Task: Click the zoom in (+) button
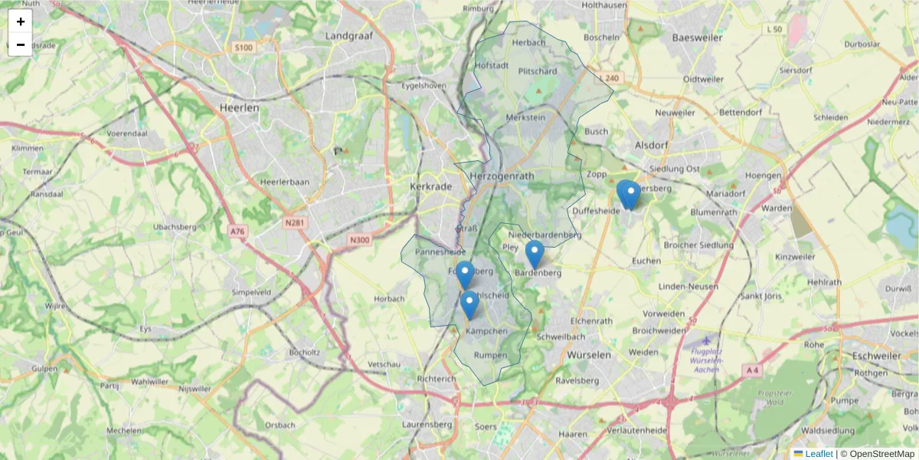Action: [21, 21]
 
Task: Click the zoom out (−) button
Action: [21, 44]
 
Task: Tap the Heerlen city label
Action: [239, 108]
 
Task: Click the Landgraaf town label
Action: [348, 35]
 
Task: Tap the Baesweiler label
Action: [697, 37]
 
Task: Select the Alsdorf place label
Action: [652, 144]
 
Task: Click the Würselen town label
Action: [590, 355]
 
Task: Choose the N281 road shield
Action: [295, 223]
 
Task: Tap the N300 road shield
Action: [358, 240]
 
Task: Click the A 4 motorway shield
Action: [752, 370]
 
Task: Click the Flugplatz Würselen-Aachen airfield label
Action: [705, 360]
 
